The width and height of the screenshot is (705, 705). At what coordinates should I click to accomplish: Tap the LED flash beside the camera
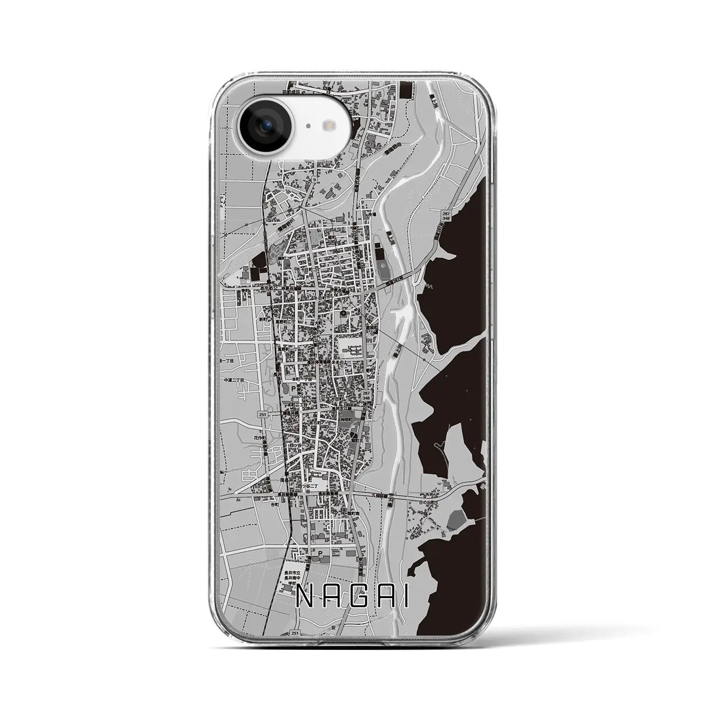(330, 126)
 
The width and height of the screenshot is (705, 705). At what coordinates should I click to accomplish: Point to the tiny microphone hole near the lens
(307, 126)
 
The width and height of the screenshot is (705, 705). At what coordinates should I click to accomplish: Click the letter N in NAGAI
(302, 596)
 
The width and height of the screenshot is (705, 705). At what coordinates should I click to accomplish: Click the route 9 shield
(314, 180)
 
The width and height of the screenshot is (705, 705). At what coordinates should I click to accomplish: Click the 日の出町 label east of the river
(427, 502)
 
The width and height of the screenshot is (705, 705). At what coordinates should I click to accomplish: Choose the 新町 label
(264, 319)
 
